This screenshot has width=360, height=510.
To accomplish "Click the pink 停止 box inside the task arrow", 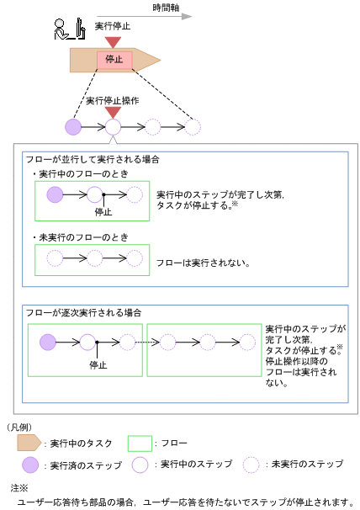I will pos(114,60).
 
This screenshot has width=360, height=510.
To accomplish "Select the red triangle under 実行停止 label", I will pos(114,40).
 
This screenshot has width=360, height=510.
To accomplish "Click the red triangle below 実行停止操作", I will pos(113,112).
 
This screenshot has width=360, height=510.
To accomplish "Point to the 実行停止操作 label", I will pos(113,100).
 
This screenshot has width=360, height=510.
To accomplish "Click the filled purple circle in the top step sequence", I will pos(73,127).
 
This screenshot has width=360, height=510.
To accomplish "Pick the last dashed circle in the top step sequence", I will pos(193,127).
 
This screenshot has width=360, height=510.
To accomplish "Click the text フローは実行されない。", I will pos(204,263).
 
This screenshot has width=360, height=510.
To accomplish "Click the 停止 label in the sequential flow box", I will pos(98,365).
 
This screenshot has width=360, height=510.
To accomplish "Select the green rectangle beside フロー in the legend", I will pos(140,442).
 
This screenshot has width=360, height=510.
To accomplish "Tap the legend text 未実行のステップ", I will pos(310,465).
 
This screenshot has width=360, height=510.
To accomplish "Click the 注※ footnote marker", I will pos(19,487).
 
